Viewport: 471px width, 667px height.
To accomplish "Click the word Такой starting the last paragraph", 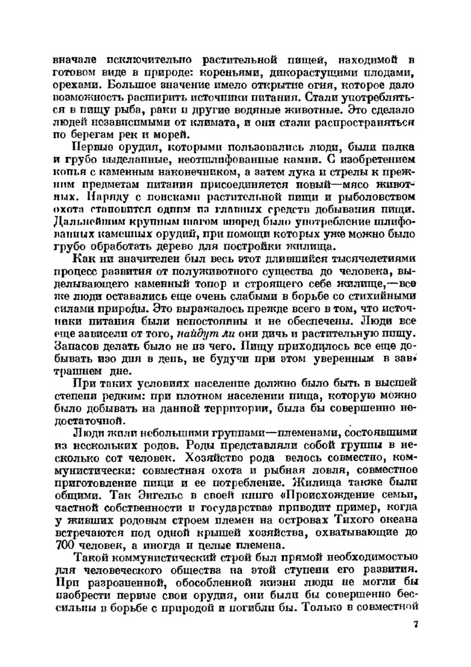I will [x=91, y=558].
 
